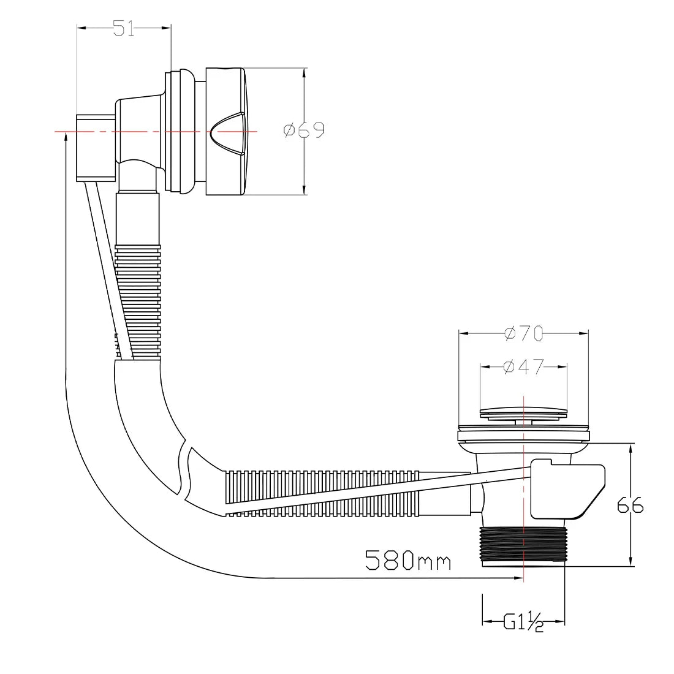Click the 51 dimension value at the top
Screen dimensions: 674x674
(124, 29)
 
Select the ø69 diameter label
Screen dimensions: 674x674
(304, 130)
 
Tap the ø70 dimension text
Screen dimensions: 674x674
(524, 334)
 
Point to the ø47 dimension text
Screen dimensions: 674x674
(524, 367)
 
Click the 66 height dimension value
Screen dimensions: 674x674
(630, 505)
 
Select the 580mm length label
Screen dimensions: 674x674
(408, 560)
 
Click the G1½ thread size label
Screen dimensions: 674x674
(524, 623)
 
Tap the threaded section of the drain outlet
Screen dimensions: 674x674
(524, 544)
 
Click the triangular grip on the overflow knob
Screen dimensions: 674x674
(227, 131)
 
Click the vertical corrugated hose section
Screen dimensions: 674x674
(138, 300)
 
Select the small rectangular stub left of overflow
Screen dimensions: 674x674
(95, 148)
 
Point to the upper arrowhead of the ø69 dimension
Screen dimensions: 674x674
(305, 72)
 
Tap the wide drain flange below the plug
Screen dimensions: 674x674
(524, 436)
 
